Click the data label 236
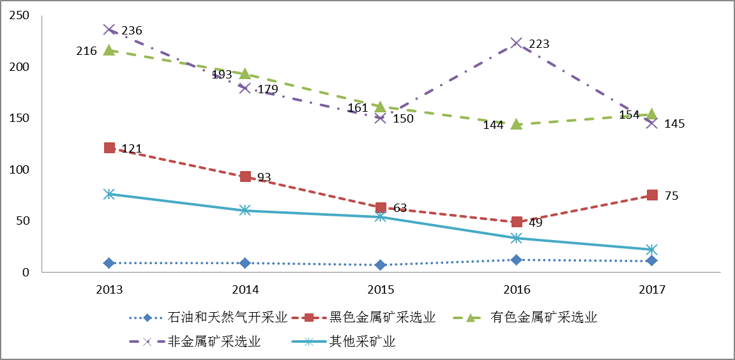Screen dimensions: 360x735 point(132,31)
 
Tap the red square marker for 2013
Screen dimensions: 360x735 point(109,148)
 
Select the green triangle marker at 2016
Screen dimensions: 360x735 point(517,124)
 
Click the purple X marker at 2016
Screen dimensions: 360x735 point(517,43)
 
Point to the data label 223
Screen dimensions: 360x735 point(539,44)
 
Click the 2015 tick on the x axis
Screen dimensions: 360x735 point(381,289)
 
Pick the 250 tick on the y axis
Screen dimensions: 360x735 point(20,16)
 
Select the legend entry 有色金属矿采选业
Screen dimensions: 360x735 point(545,317)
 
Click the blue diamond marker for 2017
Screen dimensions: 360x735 point(651,260)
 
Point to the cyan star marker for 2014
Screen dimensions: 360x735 point(245,210)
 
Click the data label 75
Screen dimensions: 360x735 point(671,196)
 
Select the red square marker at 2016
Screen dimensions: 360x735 point(517,222)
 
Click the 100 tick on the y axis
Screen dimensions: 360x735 point(20,170)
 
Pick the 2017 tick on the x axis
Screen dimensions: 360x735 point(651,289)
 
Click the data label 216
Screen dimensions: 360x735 point(86,51)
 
